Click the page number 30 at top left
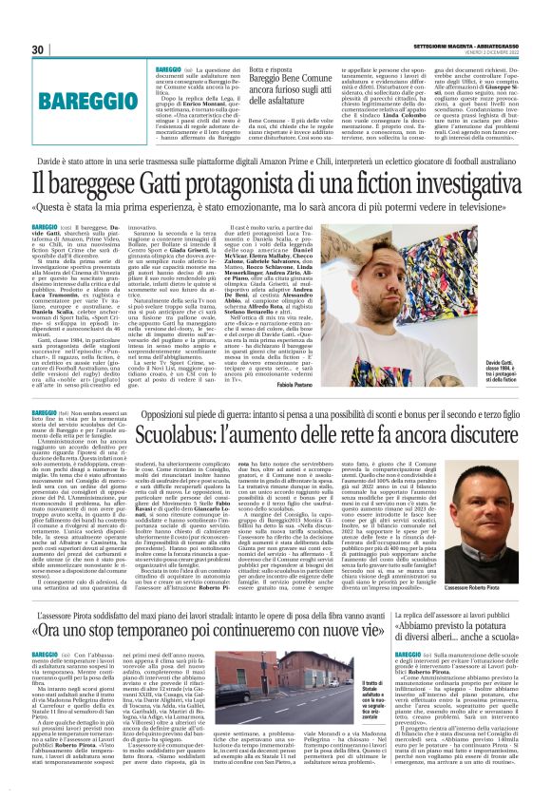39,49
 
